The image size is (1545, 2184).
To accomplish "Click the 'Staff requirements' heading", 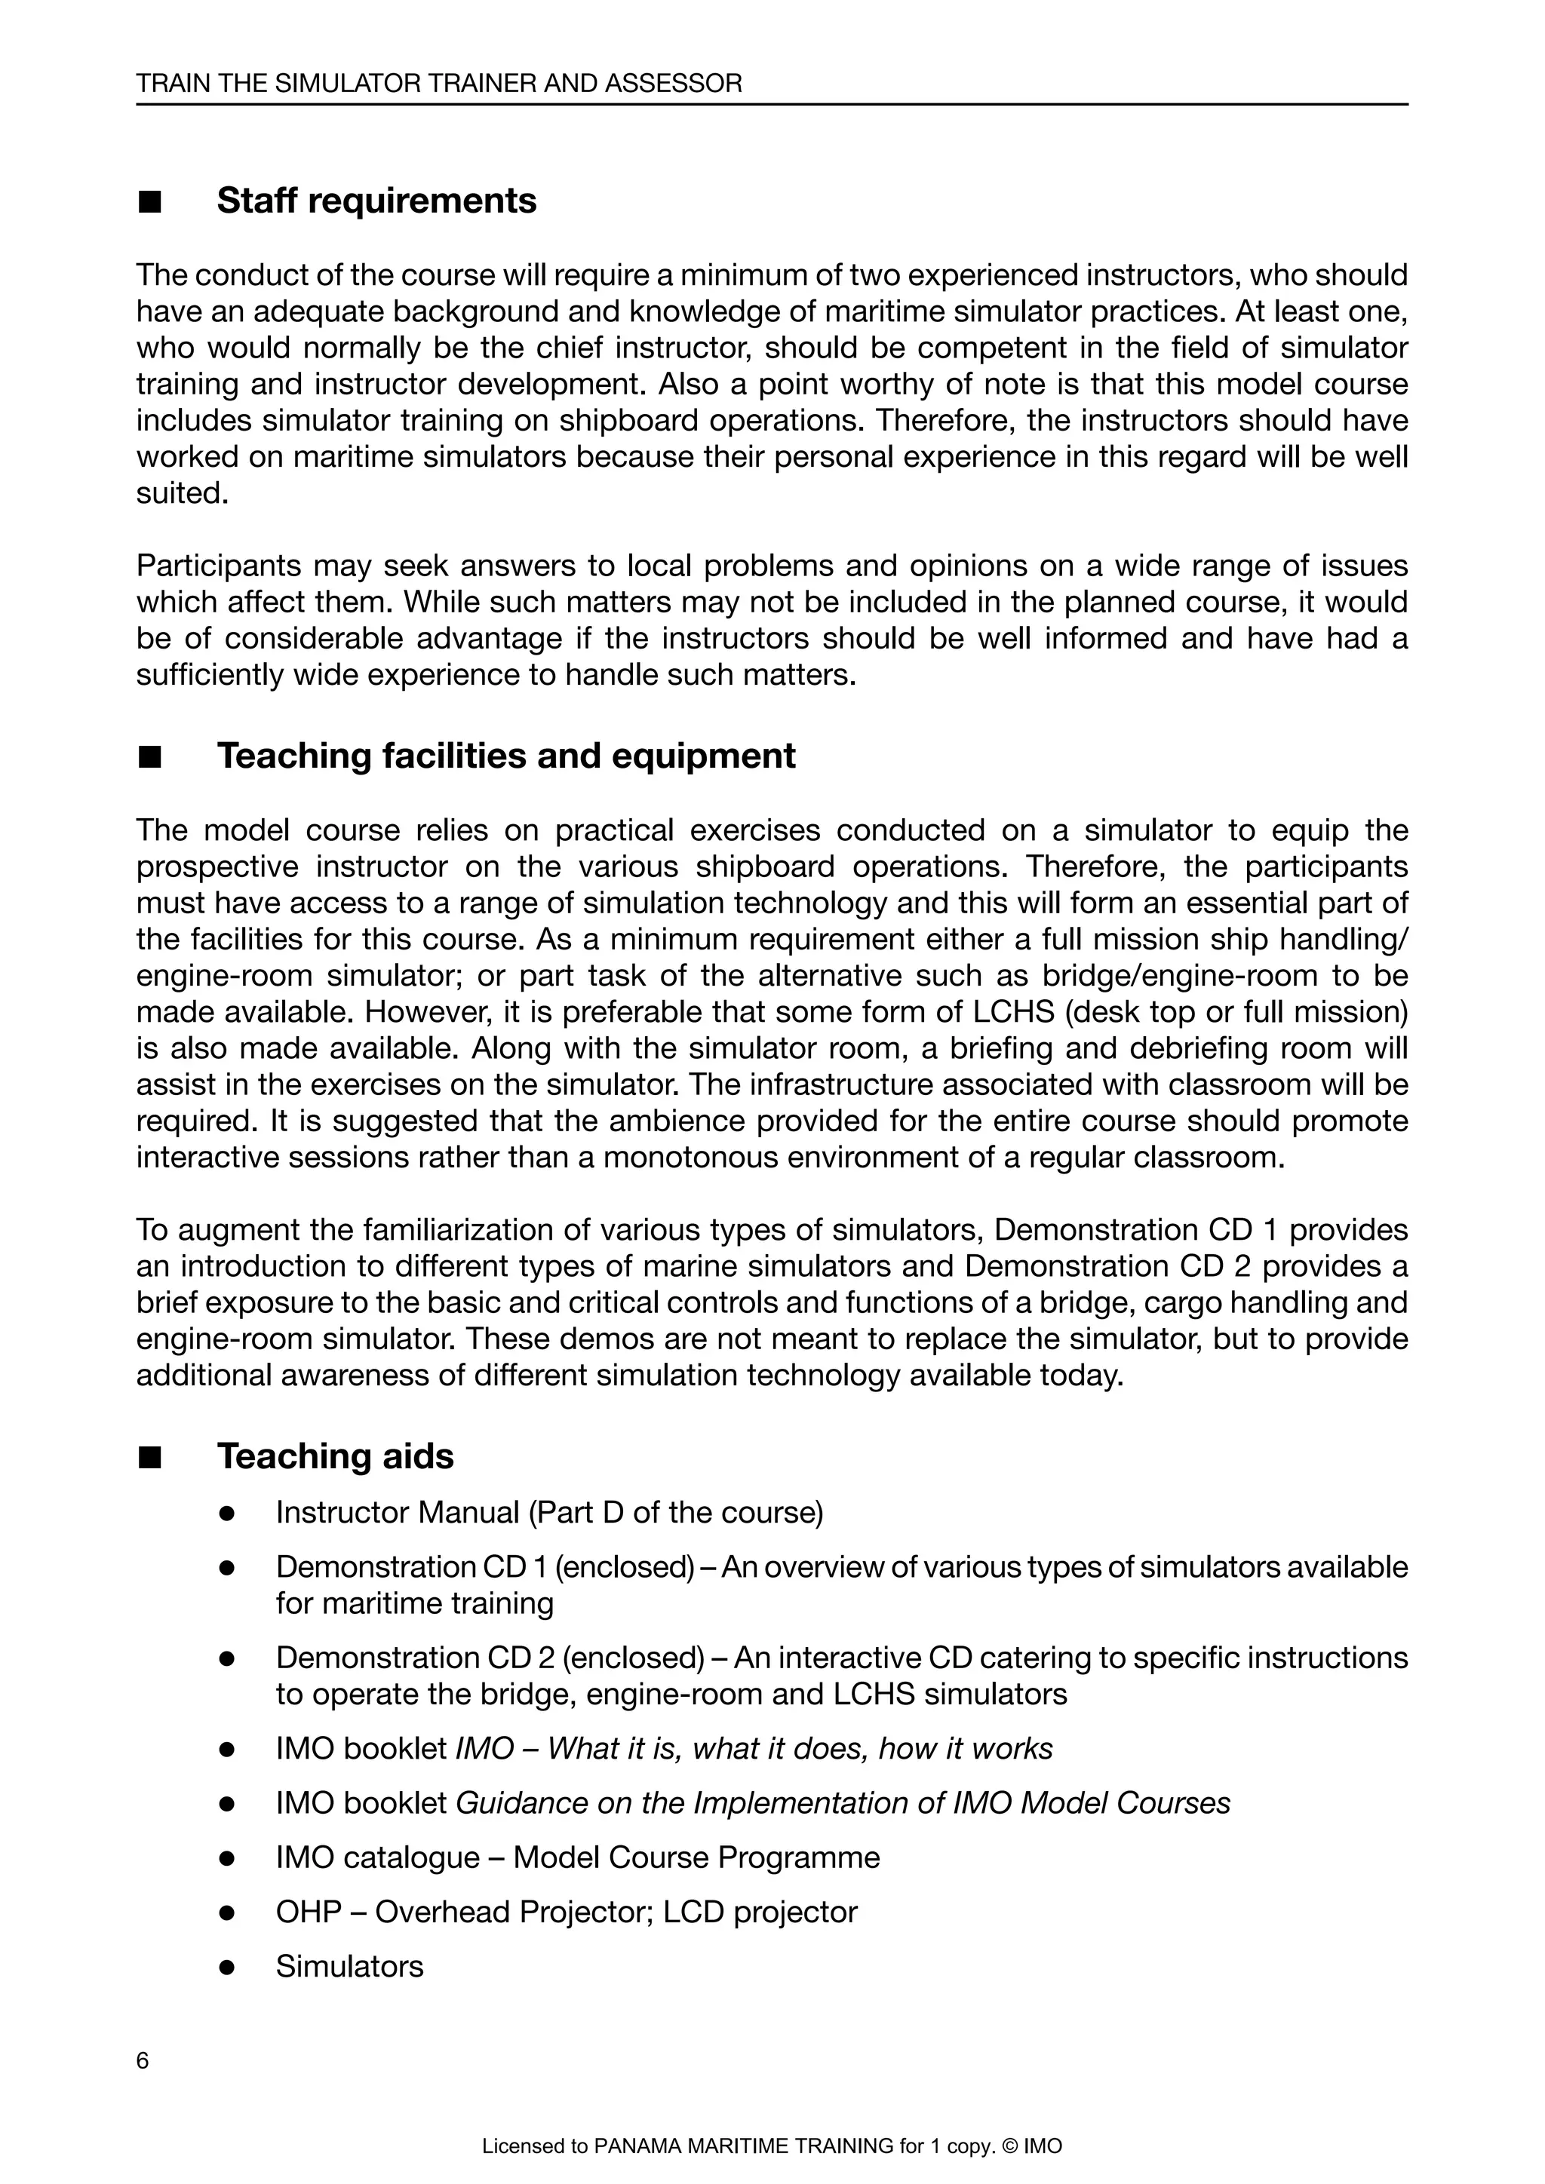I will click(x=376, y=201).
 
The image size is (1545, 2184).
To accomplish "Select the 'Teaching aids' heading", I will click(x=335, y=1456).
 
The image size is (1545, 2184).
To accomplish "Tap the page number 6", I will click(x=143, y=2061).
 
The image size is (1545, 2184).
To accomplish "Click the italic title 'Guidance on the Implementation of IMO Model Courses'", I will click(x=843, y=1802).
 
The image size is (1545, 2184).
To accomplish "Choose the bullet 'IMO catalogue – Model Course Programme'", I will click(x=577, y=1857).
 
